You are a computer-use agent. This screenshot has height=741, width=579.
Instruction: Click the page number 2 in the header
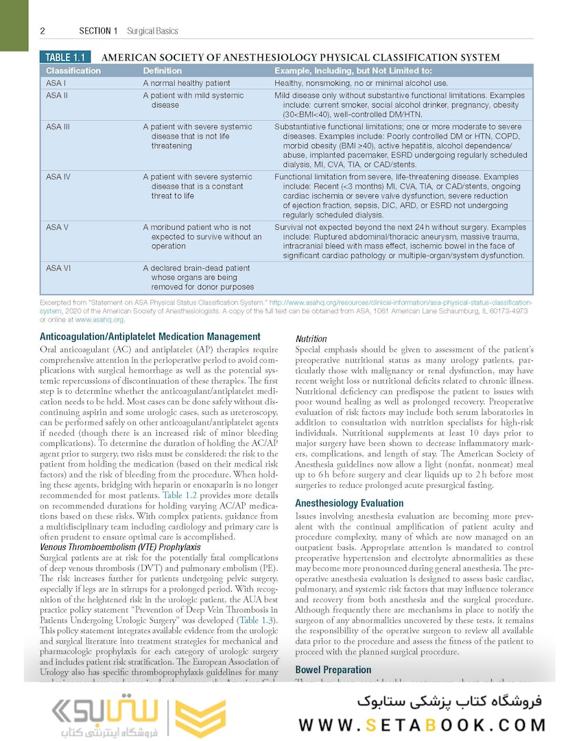coord(43,31)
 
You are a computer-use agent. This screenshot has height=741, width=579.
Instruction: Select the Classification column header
coord(73,71)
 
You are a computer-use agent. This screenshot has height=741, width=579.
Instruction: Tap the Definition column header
coord(163,71)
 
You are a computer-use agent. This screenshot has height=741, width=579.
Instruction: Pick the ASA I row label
coord(56,83)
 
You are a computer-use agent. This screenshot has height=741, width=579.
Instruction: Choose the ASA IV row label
coord(59,177)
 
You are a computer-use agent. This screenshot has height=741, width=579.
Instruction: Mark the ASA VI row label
coord(58,268)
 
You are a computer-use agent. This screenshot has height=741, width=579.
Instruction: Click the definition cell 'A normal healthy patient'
coord(187,83)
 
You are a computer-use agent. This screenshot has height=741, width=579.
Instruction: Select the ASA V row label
coord(58,227)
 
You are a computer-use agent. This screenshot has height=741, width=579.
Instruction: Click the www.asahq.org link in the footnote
coord(99,320)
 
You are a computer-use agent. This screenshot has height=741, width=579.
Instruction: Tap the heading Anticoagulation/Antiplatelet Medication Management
coord(150,337)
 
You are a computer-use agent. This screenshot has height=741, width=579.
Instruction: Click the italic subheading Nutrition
coord(311,339)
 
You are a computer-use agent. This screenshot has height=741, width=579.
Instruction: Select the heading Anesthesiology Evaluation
coord(349,503)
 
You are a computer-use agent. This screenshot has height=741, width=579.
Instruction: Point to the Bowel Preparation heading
coord(333,670)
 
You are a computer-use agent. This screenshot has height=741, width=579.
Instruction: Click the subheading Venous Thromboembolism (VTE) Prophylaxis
coord(120,547)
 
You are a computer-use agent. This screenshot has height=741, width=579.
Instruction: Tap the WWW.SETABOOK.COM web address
coord(423,725)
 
